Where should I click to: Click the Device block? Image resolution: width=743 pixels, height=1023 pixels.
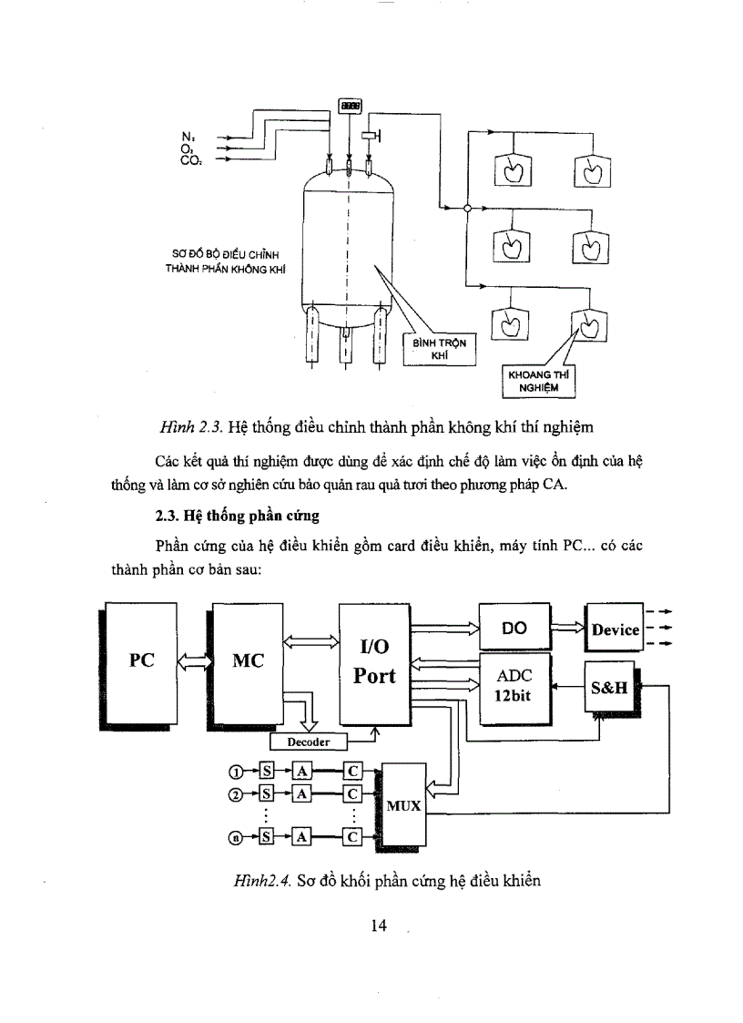(x=616, y=629)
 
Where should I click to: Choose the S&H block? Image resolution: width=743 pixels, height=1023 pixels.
(x=610, y=688)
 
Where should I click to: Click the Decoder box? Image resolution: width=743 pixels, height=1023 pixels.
(x=309, y=742)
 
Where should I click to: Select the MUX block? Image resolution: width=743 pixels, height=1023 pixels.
(x=404, y=805)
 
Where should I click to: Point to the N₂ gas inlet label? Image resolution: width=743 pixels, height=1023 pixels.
(x=188, y=136)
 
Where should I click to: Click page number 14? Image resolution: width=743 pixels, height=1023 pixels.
(x=380, y=926)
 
